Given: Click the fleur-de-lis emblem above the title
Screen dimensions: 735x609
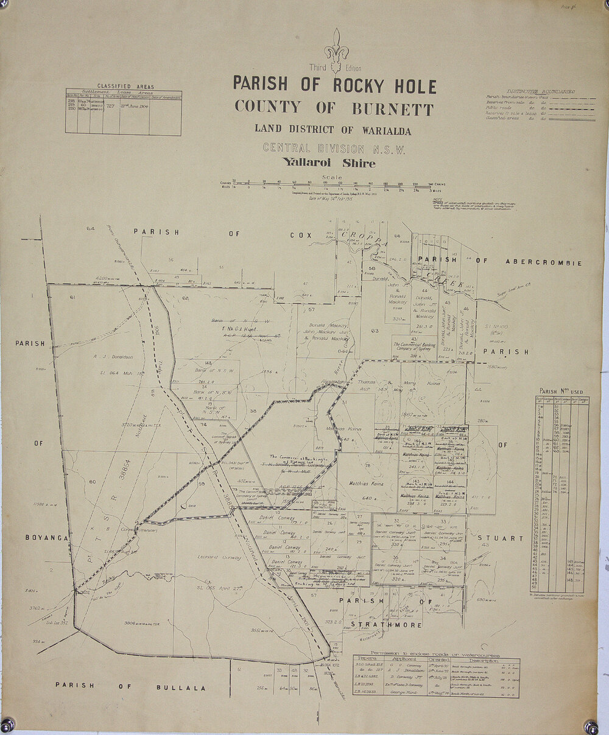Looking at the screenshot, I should (336, 47).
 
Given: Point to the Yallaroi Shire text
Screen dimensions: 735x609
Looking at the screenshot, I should (328, 163).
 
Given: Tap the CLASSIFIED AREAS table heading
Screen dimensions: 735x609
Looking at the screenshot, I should (125, 87).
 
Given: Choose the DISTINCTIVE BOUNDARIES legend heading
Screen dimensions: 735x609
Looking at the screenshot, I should (541, 91).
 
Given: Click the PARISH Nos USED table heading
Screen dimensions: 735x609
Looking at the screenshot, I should (560, 392).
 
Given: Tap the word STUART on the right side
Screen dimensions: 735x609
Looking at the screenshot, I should (501, 538).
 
